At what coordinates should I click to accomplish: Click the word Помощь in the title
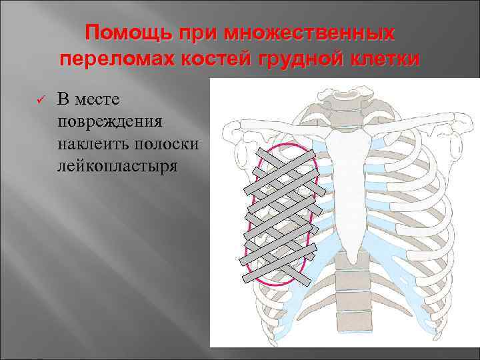point(119,33)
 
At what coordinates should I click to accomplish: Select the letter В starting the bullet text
point(62,100)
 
